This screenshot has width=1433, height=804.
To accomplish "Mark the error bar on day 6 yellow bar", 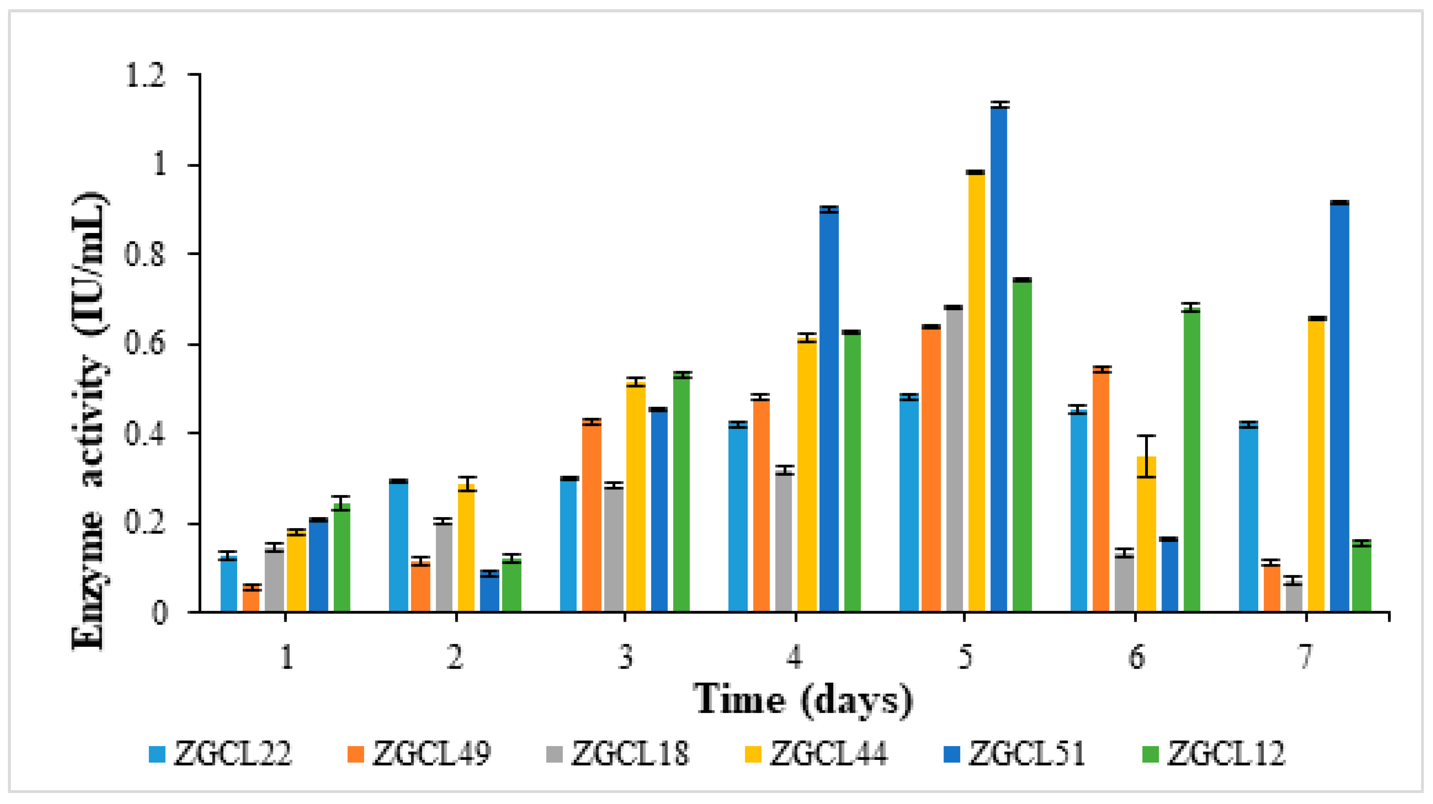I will coord(1146,456).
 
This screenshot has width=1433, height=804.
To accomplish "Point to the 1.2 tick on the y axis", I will coord(146,75).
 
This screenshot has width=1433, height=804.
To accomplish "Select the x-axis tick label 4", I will coord(794,657).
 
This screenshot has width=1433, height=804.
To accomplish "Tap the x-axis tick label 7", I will coord(1305,657).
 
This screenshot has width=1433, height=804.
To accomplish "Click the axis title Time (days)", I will coord(803,699).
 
